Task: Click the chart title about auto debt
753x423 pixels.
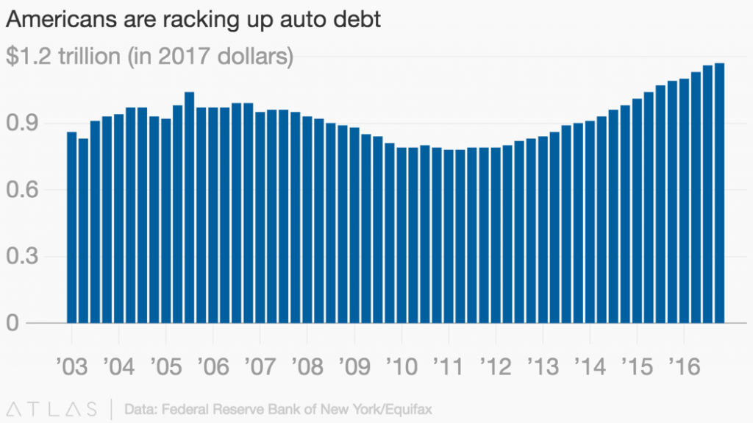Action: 193,20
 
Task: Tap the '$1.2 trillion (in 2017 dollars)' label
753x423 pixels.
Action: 149,57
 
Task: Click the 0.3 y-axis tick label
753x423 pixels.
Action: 22,257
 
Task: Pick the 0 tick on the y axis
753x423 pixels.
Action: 13,323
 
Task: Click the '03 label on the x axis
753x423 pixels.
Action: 71,366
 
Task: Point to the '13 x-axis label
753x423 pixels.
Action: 543,366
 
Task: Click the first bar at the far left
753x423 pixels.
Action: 71,227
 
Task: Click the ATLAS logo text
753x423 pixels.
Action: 51,408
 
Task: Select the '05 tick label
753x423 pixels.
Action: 165,366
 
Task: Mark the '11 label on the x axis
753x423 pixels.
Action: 449,366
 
